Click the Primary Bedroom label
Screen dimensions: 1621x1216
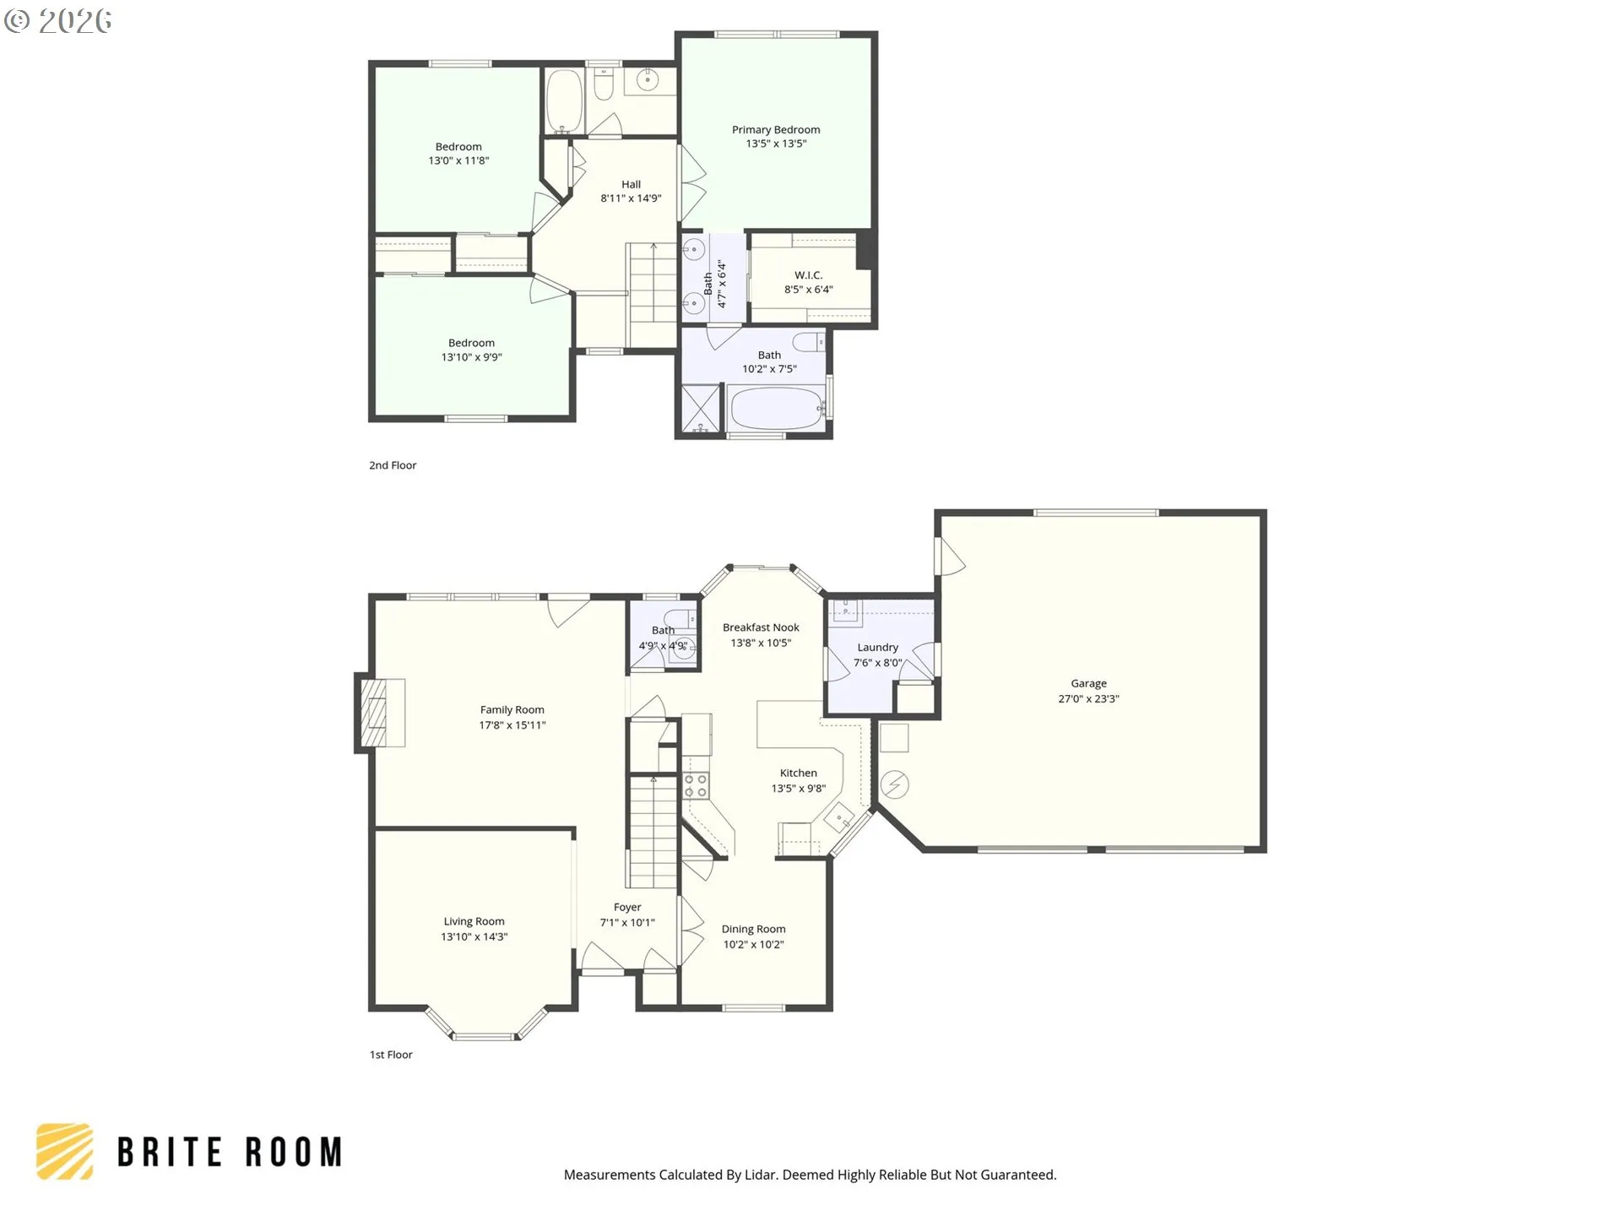776,129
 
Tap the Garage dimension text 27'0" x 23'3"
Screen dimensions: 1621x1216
1088,698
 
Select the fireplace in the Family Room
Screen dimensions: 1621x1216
379,713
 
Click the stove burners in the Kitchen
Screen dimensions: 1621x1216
696,786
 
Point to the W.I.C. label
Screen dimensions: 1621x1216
808,275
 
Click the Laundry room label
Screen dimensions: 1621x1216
877,647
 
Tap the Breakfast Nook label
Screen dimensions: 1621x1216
761,627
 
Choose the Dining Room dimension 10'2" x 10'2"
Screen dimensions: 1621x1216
753,944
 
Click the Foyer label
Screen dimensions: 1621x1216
627,907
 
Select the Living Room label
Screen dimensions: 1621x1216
474,921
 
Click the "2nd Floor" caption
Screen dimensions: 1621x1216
393,465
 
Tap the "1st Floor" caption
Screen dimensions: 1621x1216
391,1055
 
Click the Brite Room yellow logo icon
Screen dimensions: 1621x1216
64,1151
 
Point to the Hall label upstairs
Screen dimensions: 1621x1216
631,184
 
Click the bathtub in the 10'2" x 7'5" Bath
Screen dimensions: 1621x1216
777,409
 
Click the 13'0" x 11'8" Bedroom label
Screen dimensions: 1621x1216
458,147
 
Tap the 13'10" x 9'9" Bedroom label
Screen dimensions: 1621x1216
471,343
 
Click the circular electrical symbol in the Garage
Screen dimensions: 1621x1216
894,785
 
